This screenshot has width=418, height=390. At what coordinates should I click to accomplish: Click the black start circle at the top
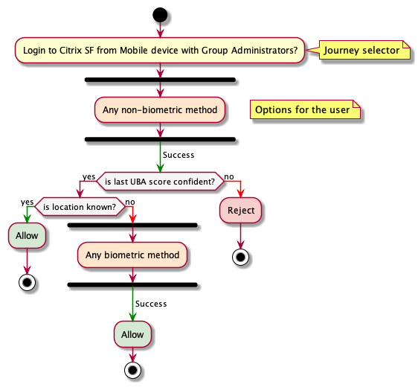point(160,15)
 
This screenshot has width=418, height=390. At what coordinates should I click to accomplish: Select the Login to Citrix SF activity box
point(160,50)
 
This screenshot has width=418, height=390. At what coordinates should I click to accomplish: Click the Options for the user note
point(305,109)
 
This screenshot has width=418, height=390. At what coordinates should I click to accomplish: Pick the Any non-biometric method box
point(160,109)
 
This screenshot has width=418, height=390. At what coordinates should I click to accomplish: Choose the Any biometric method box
point(132,255)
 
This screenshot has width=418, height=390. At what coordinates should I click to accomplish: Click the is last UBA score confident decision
point(160,182)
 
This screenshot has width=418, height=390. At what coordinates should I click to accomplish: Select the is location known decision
point(80,207)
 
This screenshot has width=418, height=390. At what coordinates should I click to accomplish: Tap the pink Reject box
point(241,210)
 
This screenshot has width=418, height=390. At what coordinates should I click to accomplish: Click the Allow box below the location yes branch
point(27,235)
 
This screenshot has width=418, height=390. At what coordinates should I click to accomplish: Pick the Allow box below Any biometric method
point(132,334)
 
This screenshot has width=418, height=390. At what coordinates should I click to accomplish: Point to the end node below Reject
point(240,258)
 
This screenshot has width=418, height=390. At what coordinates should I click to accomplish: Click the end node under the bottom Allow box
point(132,370)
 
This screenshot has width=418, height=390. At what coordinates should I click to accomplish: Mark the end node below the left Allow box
point(27,283)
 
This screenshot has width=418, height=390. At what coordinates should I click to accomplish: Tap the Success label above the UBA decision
point(179,155)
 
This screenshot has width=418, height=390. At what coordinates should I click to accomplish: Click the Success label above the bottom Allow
point(151,304)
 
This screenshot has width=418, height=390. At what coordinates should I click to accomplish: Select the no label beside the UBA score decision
point(229,176)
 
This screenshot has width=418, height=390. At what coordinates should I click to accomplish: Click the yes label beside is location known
point(28,202)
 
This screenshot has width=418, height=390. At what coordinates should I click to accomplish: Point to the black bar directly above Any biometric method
point(132,226)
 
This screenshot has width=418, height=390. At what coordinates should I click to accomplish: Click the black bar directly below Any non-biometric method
point(160,139)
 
